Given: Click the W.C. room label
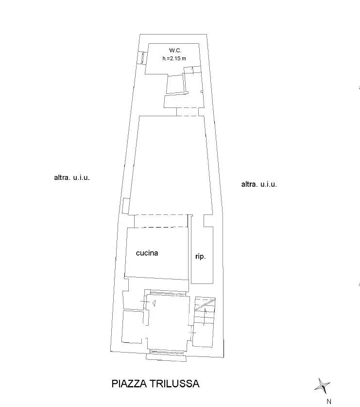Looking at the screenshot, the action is click(175, 51).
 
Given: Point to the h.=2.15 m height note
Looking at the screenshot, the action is click(174, 58).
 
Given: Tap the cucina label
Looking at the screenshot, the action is click(147, 253).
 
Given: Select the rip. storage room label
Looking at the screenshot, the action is click(201, 256).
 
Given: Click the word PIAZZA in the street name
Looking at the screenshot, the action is click(129, 384).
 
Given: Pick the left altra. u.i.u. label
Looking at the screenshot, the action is click(72, 178).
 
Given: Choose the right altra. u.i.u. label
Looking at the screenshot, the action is click(259, 184).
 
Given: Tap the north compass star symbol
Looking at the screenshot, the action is click(322, 386).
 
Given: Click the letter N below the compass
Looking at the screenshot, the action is click(329, 401).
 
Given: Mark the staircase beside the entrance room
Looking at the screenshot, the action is click(205, 321).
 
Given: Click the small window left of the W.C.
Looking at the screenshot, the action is click(142, 58).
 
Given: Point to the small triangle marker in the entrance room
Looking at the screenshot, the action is click(154, 302).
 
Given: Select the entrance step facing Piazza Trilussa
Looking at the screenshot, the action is click(166, 358).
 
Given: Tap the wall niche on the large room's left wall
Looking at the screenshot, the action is click(125, 206).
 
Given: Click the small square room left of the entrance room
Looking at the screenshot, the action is click(132, 327).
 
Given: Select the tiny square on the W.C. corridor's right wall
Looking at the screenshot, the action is click(202, 91).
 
